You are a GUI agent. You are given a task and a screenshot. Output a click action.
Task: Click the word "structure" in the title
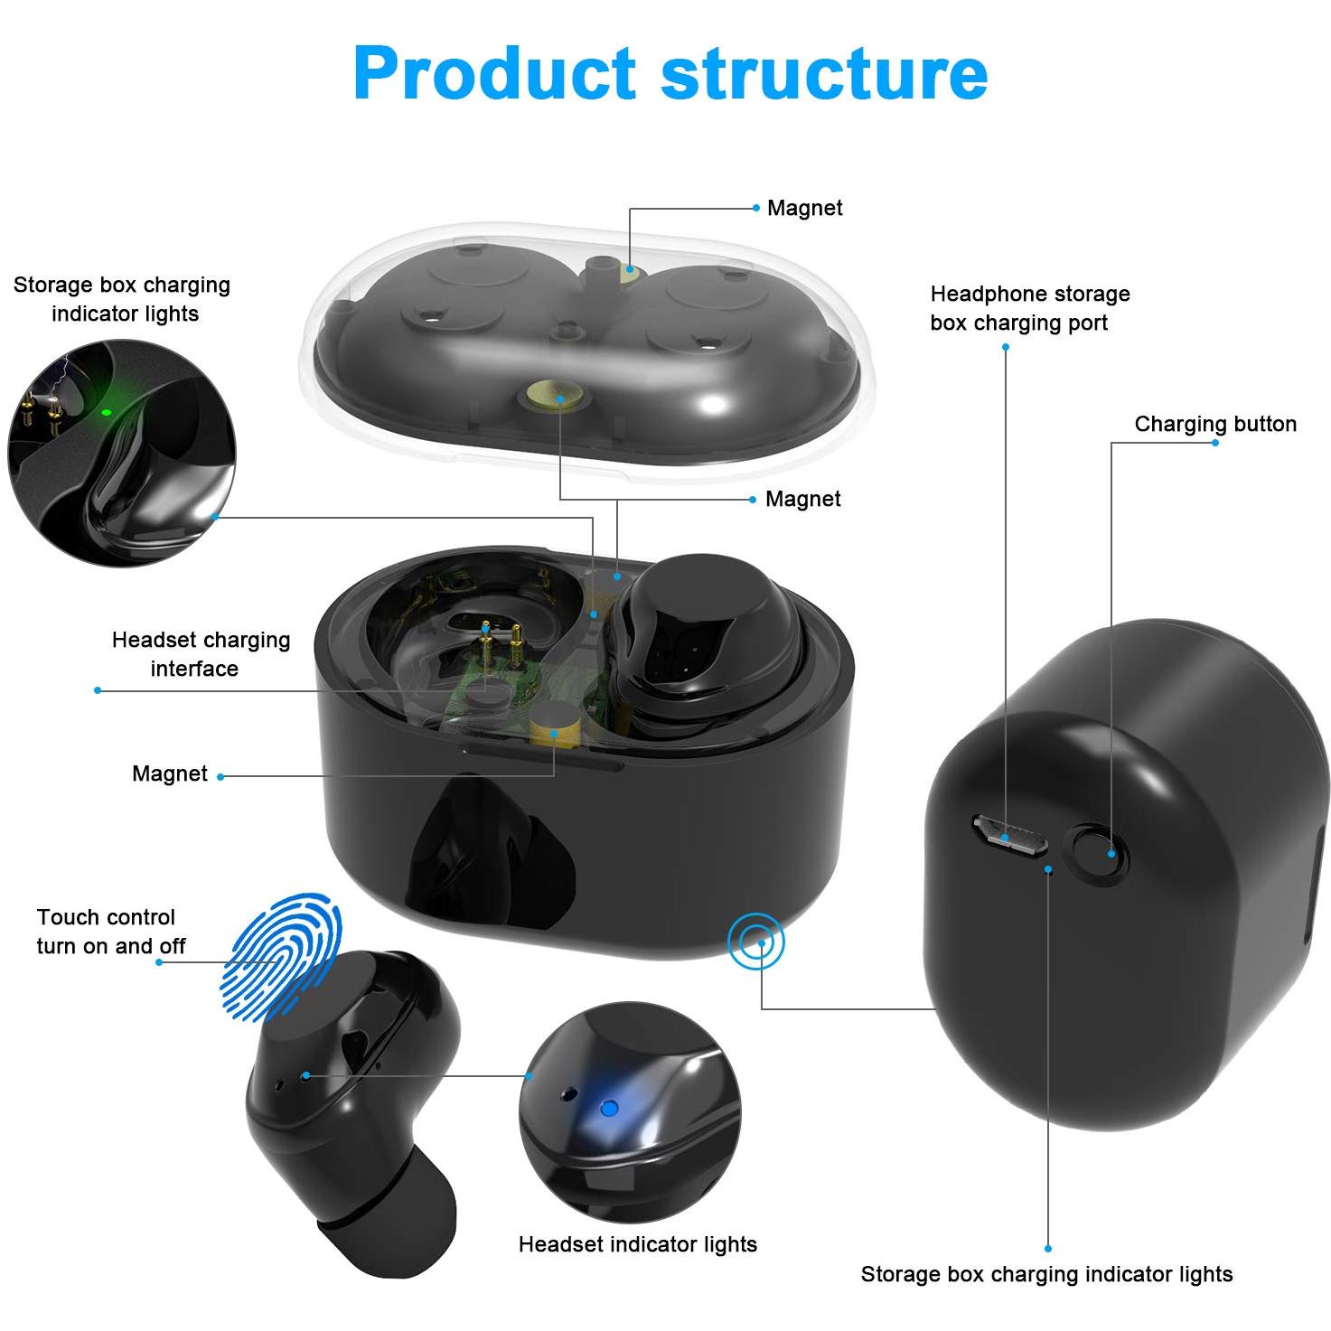tap(825, 73)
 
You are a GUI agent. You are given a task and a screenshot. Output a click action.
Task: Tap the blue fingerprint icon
tap(281, 957)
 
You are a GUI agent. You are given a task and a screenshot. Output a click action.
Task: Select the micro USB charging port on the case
tap(1009, 835)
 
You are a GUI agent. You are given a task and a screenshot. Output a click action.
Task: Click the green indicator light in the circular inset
tap(107, 412)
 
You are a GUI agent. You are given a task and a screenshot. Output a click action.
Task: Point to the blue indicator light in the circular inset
tap(608, 1109)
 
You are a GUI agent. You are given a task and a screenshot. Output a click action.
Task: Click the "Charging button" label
tap(1215, 424)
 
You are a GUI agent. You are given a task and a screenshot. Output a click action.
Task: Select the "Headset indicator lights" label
tap(638, 1244)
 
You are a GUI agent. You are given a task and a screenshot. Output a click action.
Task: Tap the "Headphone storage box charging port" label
tap(1030, 308)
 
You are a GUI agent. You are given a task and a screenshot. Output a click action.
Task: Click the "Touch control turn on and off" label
tap(111, 931)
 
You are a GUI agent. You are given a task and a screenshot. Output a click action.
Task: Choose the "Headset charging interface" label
tap(201, 653)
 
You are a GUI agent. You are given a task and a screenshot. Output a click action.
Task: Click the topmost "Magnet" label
tap(805, 208)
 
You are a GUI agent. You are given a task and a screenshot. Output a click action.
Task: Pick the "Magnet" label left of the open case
tap(169, 773)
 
